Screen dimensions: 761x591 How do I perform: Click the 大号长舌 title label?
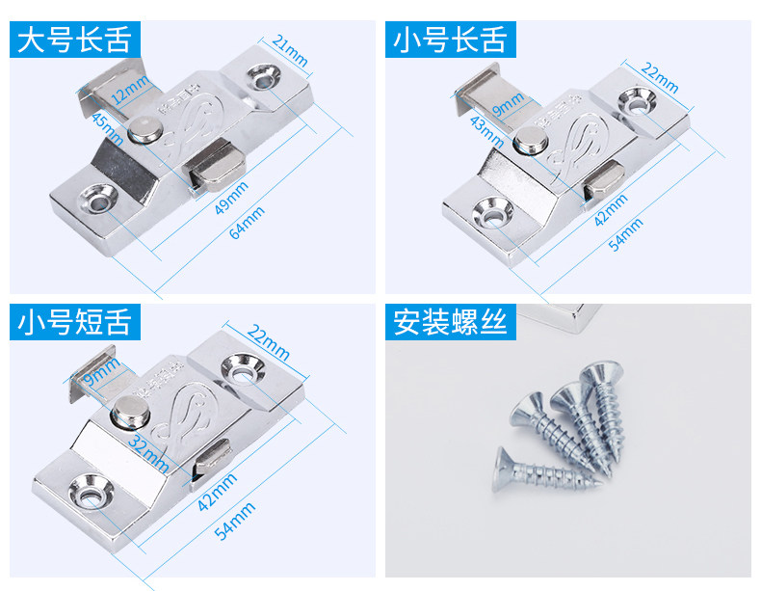74,41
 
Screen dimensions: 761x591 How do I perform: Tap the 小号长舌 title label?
449,41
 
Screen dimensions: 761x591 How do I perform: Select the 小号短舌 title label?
74,323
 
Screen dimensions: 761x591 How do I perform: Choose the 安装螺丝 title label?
449,323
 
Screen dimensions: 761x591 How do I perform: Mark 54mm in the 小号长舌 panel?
627,232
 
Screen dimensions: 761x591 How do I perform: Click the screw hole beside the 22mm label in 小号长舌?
637,98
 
